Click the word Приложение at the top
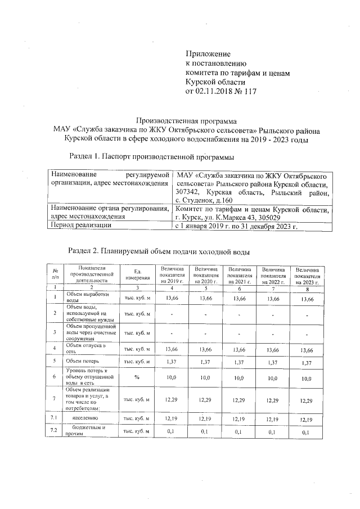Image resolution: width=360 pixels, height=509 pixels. (x=208, y=53)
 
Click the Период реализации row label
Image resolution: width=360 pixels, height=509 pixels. (x=80, y=226)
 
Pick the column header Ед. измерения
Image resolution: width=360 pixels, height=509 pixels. (x=137, y=275)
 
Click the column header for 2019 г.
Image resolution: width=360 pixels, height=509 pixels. (x=172, y=275)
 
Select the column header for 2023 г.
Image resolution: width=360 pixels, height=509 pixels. (x=307, y=275)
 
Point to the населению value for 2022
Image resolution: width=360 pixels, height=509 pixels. (x=272, y=418)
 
